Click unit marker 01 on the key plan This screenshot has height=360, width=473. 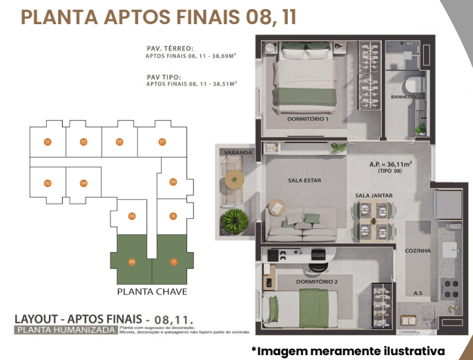(x=48, y=142)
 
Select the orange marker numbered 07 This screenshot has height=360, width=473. (x=162, y=142)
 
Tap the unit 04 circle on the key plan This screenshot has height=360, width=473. (x=83, y=183)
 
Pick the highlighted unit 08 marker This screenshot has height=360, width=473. (x=131, y=261)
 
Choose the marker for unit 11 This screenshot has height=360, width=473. (x=174, y=261)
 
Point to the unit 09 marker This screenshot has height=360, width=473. (x=173, y=182)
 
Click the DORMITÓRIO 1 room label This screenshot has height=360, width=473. (x=308, y=119)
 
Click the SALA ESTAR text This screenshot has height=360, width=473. (x=305, y=181)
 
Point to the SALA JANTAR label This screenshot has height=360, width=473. (x=374, y=196)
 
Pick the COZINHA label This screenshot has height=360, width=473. (x=418, y=251)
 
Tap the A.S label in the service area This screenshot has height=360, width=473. (x=418, y=293)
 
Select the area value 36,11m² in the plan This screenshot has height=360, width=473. (x=391, y=164)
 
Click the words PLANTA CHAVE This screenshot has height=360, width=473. (x=153, y=292)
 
